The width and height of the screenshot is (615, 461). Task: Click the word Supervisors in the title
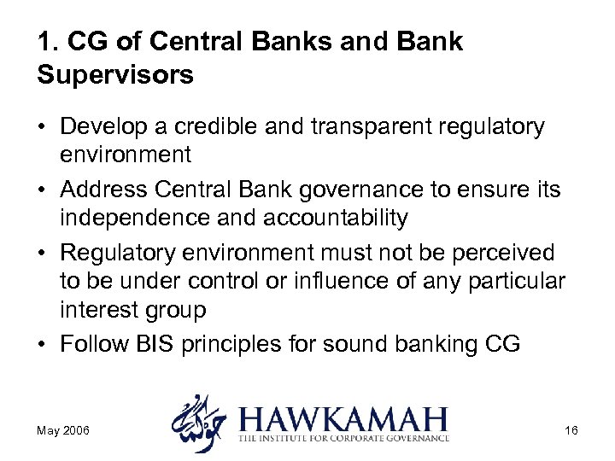[x=115, y=75]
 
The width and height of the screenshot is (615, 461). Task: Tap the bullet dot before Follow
[x=42, y=346]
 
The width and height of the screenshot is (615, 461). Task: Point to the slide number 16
[x=571, y=430]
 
